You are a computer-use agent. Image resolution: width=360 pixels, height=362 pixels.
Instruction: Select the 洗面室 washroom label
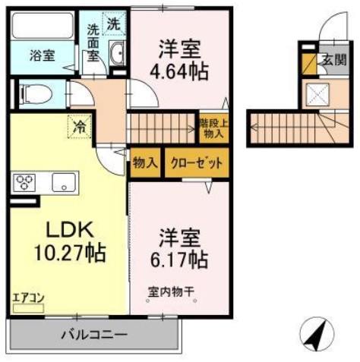93,42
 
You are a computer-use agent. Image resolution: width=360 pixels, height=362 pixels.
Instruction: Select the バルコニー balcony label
93,334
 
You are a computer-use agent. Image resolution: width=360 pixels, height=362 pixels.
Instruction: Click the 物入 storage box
144,162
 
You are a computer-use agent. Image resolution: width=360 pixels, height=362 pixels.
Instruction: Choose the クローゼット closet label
196,162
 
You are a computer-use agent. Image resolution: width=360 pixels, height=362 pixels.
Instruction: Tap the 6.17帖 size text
178,259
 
